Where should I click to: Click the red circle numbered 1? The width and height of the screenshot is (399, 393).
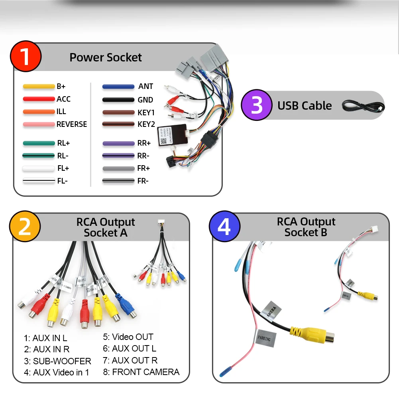click(x=25, y=57)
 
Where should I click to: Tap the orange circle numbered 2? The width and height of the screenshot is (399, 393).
click(x=25, y=227)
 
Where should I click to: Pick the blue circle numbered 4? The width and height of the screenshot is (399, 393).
click(x=224, y=227)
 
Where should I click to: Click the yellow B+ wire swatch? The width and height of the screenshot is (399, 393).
click(x=39, y=86)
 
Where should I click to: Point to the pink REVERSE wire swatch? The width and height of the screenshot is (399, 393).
click(x=39, y=124)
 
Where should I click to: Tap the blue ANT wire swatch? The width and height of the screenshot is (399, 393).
click(x=118, y=87)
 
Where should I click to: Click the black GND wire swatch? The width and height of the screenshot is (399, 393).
click(x=118, y=100)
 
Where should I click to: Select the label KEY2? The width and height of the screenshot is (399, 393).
click(x=146, y=124)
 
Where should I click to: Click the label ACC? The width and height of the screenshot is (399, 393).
click(x=63, y=99)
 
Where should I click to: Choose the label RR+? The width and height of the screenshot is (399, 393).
click(x=144, y=143)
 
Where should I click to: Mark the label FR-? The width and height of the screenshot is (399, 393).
click(x=143, y=181)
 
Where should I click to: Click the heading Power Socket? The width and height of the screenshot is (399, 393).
click(x=106, y=57)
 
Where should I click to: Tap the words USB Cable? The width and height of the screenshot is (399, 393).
click(x=305, y=106)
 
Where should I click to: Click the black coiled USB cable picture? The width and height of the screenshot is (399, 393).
click(x=362, y=106)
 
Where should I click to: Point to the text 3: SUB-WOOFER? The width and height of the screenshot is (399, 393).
click(x=57, y=361)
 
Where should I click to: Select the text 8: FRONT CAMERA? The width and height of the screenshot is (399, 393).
click(x=141, y=372)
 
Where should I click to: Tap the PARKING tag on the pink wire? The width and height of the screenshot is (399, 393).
click(x=264, y=338)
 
